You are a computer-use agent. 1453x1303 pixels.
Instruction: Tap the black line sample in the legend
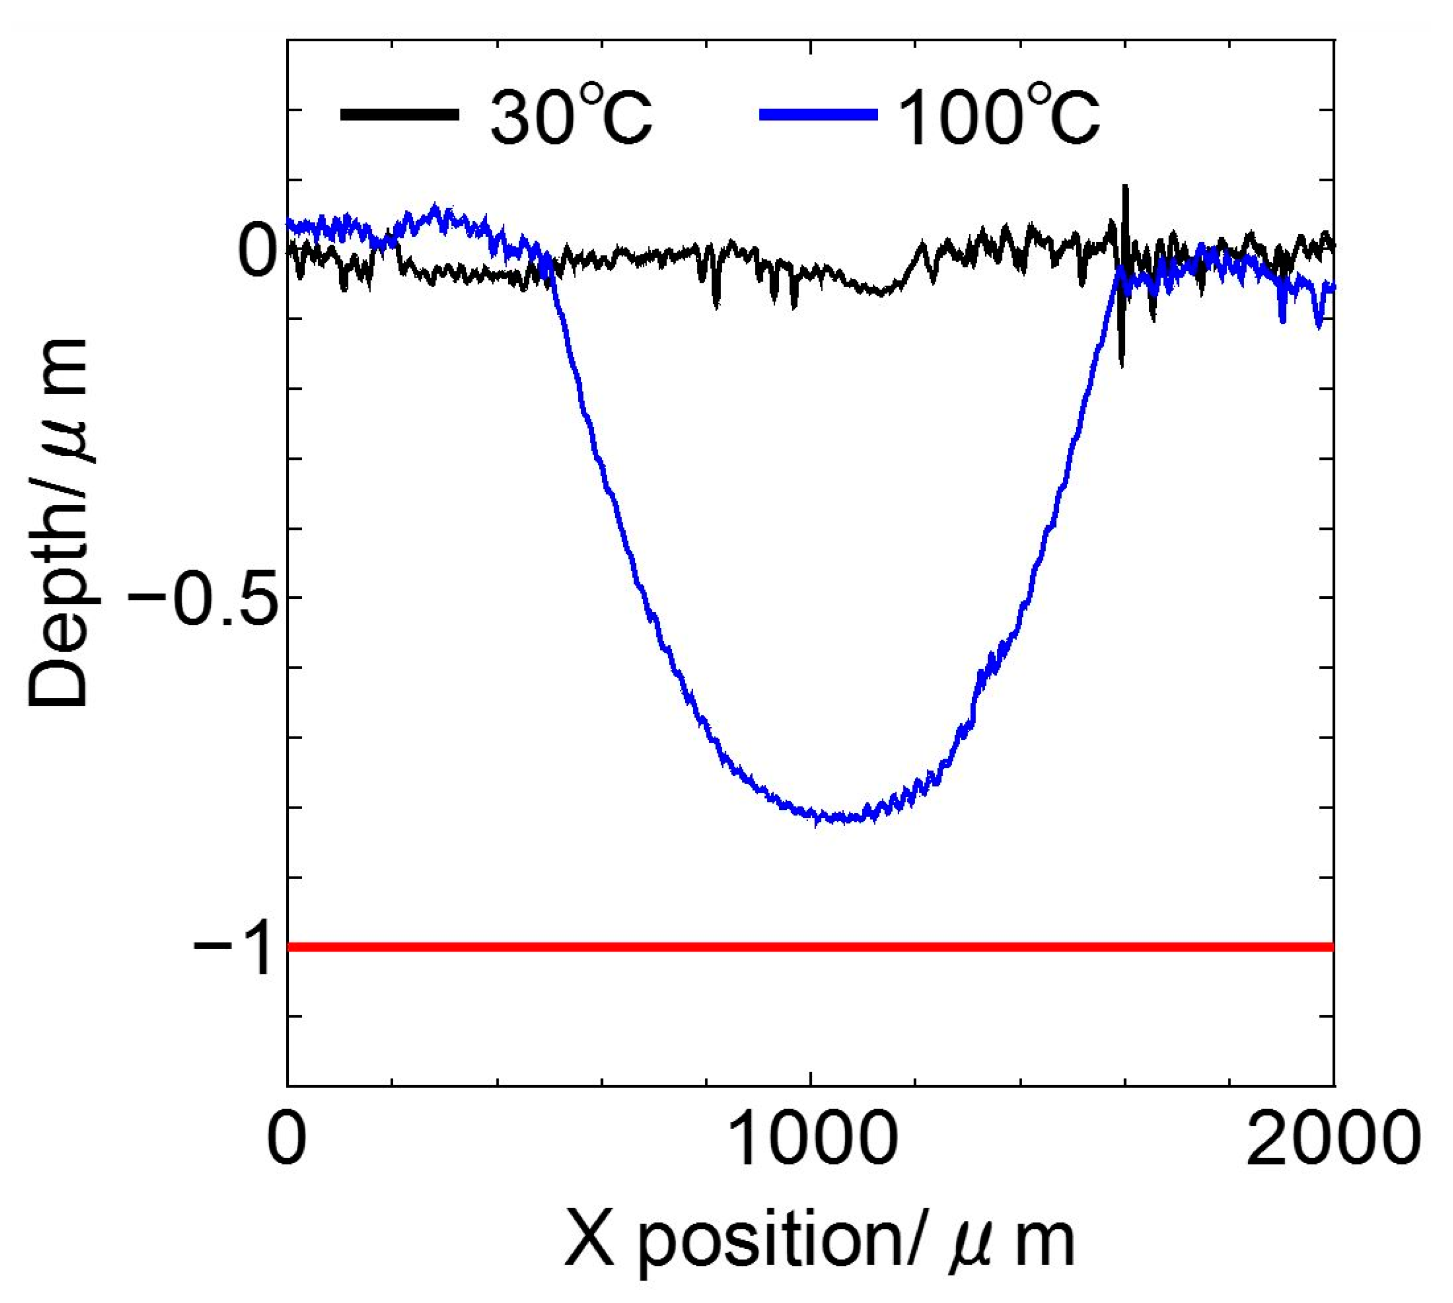click(x=400, y=114)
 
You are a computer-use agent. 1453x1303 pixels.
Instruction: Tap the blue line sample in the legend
click(x=818, y=114)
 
